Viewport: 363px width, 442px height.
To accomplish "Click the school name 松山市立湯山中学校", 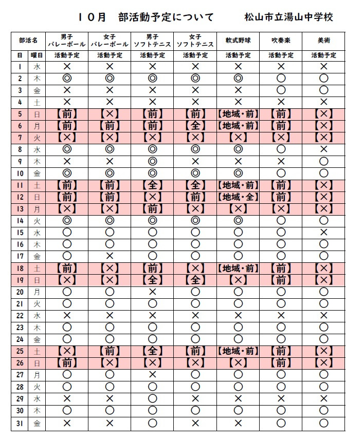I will [289, 17].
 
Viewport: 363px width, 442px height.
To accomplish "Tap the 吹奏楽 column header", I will [281, 40].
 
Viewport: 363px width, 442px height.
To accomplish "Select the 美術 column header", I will [323, 40].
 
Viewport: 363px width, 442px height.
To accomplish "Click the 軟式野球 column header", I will [238, 40].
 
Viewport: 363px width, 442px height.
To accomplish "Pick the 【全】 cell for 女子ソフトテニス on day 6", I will [195, 125].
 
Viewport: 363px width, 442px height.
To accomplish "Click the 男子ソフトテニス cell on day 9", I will [152, 161].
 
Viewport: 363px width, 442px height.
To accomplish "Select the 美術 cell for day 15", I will [323, 232].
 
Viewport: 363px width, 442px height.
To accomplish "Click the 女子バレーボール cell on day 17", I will [110, 256].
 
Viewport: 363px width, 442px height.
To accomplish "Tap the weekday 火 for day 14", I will [37, 220].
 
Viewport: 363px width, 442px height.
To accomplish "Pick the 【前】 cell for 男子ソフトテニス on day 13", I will [152, 208].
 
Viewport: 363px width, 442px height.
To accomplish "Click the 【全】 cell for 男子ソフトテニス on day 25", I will [152, 351].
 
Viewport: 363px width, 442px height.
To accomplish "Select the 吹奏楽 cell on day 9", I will [281, 161].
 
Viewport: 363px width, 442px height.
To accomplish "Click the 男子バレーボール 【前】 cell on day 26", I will [66, 363].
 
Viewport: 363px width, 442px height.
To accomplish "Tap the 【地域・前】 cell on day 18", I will [238, 268].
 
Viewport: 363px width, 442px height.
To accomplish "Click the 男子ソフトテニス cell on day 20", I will [152, 292].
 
